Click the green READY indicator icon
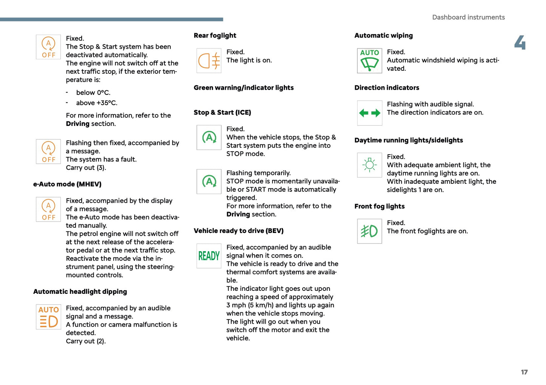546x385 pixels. (209, 256)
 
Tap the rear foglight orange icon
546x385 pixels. (209, 61)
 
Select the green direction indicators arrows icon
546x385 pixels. (370, 113)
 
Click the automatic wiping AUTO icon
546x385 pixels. (370, 61)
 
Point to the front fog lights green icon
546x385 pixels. (370, 231)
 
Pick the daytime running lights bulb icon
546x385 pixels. (370, 165)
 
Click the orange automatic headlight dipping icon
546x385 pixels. (48, 317)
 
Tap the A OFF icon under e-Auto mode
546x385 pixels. (48, 209)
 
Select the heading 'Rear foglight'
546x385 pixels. (215, 36)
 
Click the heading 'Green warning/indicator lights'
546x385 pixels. (243, 88)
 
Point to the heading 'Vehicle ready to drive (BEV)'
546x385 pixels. (238, 231)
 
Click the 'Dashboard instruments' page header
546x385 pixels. (468, 17)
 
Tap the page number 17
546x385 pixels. (524, 372)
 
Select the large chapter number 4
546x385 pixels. (520, 43)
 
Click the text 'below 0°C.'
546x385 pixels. (93, 93)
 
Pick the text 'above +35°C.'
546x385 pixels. (97, 103)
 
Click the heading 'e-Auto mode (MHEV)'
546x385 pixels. (67, 184)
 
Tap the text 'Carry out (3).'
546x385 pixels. (86, 168)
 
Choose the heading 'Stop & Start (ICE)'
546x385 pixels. (222, 113)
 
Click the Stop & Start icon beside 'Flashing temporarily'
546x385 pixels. (209, 182)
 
